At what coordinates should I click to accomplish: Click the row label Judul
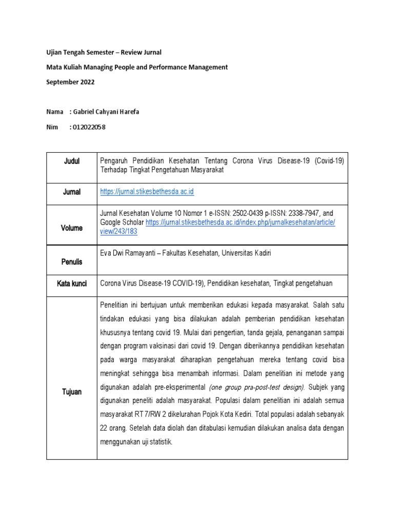(71, 161)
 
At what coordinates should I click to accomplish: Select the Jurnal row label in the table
(71, 192)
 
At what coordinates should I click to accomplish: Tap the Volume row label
(71, 228)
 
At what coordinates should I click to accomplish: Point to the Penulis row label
(71, 261)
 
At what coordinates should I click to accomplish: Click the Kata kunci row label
(71, 283)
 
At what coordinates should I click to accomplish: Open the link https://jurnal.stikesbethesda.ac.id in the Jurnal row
(147, 192)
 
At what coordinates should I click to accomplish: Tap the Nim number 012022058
(88, 127)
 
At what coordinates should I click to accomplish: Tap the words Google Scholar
(122, 223)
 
